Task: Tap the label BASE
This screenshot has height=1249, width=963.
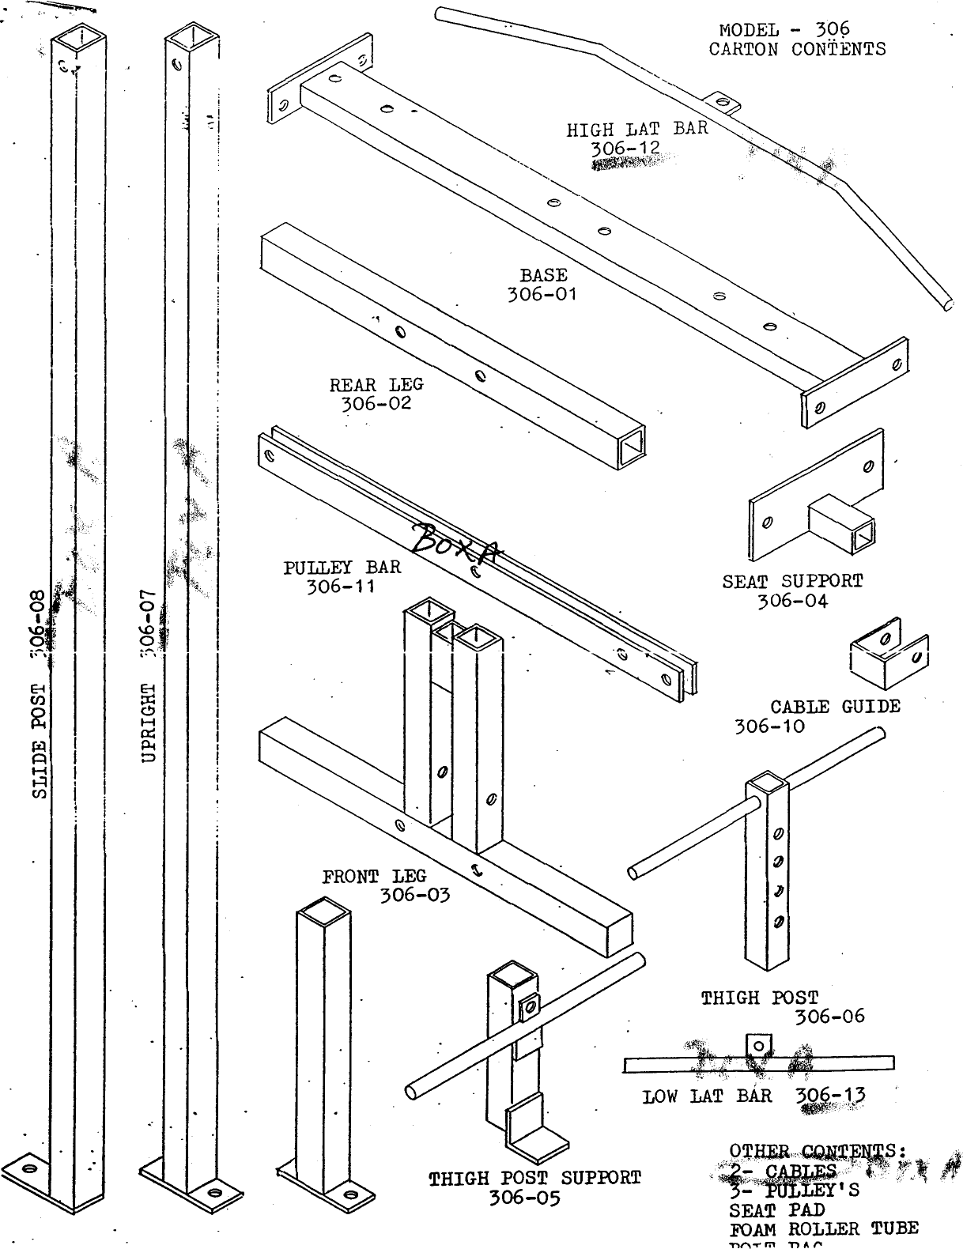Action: point(543,276)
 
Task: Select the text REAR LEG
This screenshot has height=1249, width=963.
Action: point(376,385)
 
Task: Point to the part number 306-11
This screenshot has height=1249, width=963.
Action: point(340,587)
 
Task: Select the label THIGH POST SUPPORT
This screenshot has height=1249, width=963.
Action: point(534,1179)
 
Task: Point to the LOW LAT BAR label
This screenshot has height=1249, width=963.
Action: point(707,1096)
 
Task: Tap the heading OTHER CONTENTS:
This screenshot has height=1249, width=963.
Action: point(818,1151)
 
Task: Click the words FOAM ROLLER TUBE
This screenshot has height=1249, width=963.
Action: point(823,1228)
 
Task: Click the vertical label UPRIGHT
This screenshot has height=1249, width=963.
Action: point(148,722)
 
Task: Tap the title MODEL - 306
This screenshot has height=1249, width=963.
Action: point(784,30)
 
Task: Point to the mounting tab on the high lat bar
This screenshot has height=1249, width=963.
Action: point(721,102)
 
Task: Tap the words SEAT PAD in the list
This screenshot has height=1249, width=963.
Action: point(776,1210)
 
